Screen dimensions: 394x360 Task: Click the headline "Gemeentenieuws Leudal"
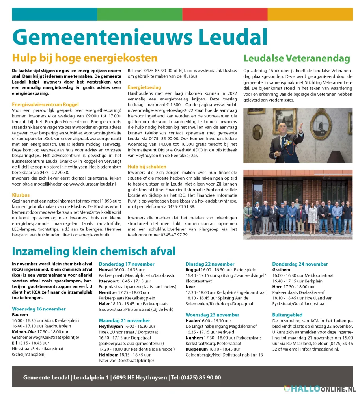click(x=140, y=37)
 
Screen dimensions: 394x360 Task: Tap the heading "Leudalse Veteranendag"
click(x=297, y=59)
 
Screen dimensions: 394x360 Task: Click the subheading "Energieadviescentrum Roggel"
click(x=45, y=104)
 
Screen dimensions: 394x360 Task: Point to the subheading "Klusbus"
click(x=21, y=195)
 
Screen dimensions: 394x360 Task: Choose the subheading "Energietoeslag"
click(x=144, y=87)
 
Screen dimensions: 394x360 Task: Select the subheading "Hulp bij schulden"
click(x=147, y=167)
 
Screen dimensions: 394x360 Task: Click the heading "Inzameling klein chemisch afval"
click(x=94, y=251)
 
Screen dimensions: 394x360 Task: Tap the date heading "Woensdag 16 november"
click(x=39, y=309)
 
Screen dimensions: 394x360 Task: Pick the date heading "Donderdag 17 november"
click(x=127, y=264)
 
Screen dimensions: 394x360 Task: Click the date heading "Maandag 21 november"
click(x=124, y=321)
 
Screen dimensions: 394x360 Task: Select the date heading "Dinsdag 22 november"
click(x=210, y=264)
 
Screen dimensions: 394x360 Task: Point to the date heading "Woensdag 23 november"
click(x=212, y=315)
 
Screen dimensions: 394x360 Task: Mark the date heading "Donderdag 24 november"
click(x=300, y=264)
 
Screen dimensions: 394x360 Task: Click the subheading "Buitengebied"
click(x=287, y=315)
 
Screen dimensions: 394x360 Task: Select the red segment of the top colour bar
click(x=225, y=14)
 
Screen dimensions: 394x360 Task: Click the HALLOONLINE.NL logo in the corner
click(x=319, y=390)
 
